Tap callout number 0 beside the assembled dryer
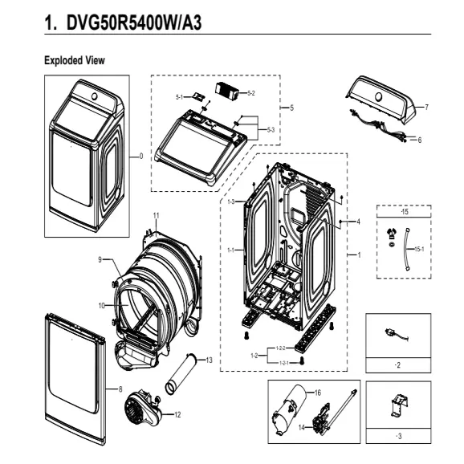(x=141, y=156)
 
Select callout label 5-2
(x=250, y=94)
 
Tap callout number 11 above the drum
(x=157, y=215)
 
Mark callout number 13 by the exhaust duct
(x=209, y=360)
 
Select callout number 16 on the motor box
(x=318, y=393)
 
